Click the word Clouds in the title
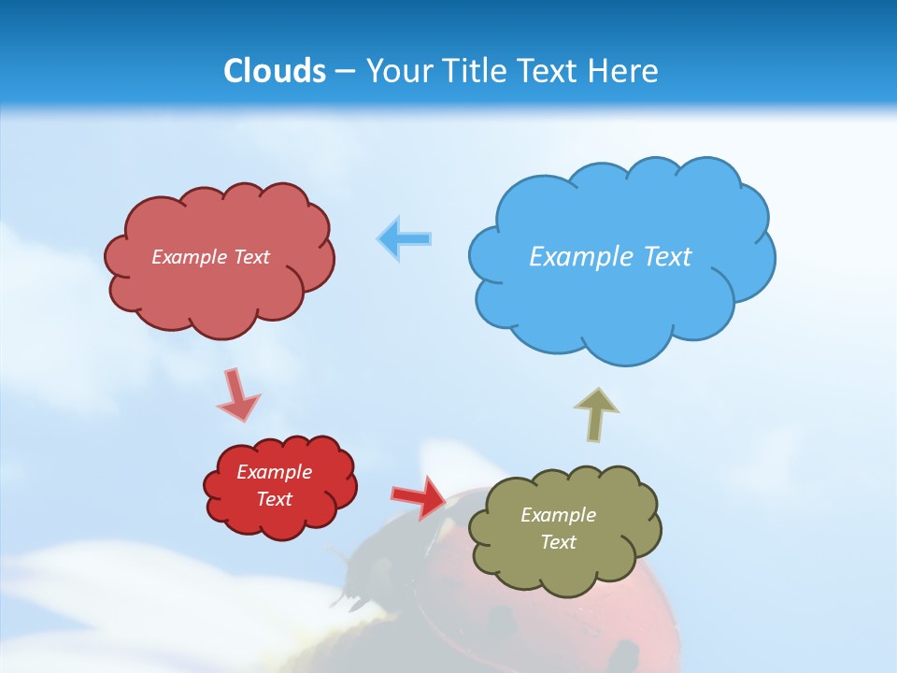click(x=274, y=71)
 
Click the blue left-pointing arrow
click(x=404, y=239)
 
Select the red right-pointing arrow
click(x=420, y=497)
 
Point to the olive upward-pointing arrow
click(x=596, y=413)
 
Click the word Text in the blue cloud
click(x=666, y=256)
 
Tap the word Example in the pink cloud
click(x=190, y=256)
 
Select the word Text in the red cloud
click(x=275, y=499)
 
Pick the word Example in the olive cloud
click(x=558, y=515)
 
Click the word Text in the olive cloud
click(x=558, y=542)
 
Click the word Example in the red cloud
click(x=275, y=472)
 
